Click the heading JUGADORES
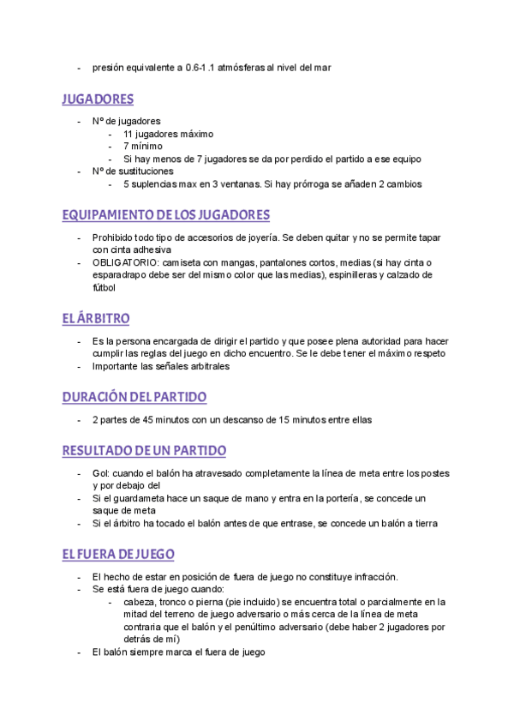click(98, 99)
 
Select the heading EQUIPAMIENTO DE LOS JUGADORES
click(166, 214)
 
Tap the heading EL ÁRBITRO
click(96, 319)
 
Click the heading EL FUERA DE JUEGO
click(118, 554)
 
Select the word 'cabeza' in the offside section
click(139, 602)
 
